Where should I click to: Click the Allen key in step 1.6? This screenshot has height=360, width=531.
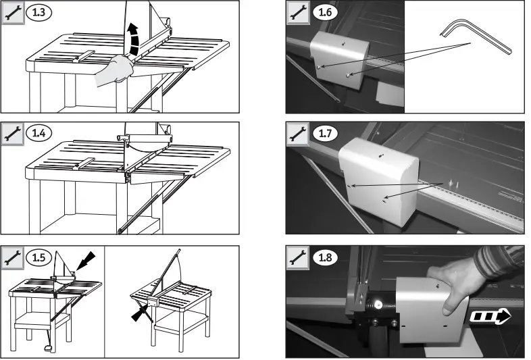point(477,41)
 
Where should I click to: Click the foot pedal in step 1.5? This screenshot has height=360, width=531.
point(48,348)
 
